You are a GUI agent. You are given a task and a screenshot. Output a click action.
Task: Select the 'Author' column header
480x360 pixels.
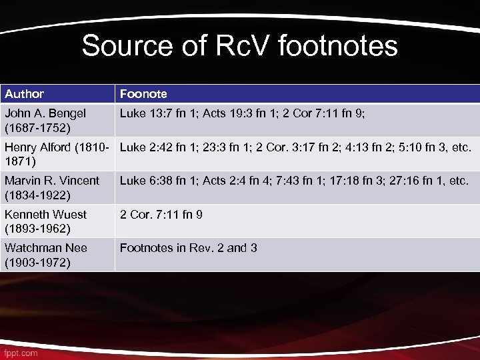pyautogui.click(x=25, y=94)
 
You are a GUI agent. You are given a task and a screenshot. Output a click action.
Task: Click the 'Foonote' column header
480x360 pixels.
pyautogui.click(x=143, y=94)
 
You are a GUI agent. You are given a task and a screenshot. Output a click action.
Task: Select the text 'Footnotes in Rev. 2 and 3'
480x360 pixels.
pyautogui.click(x=189, y=248)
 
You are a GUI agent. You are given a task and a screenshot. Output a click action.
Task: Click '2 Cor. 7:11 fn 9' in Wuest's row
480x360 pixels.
pyautogui.click(x=161, y=214)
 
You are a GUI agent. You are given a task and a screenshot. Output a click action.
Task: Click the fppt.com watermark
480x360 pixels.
pyautogui.click(x=20, y=352)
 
